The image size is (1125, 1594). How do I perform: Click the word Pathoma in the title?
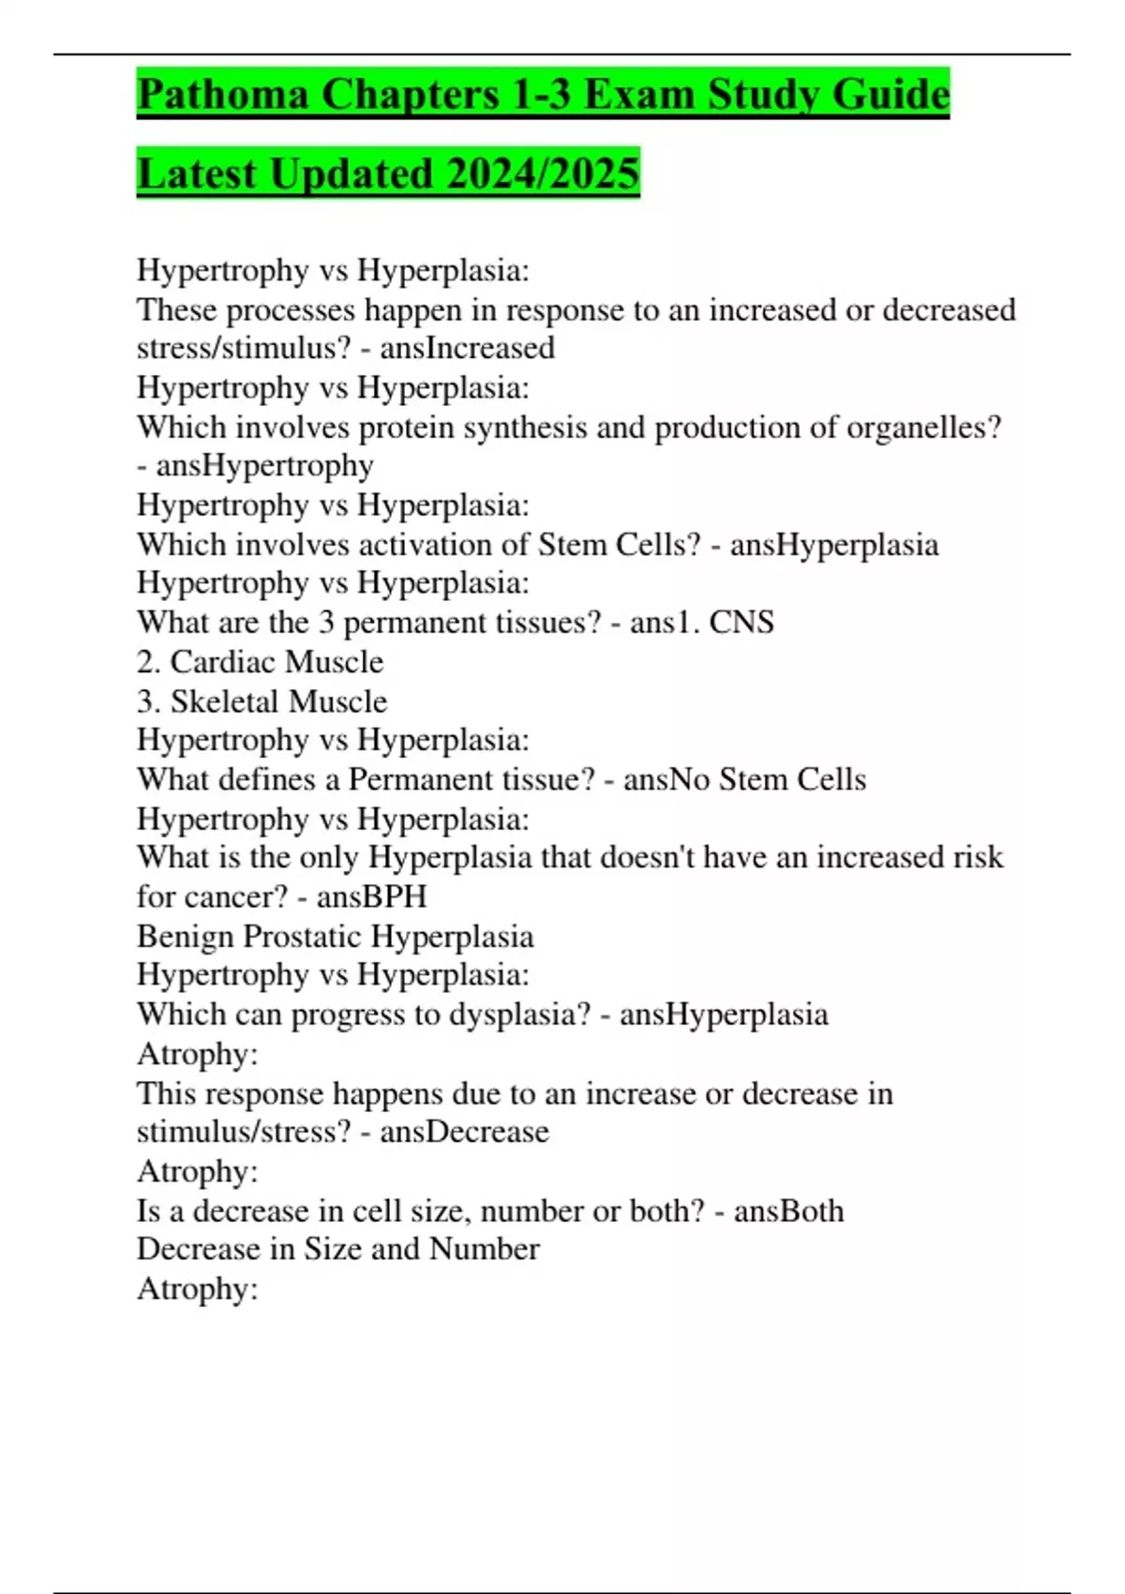point(222,95)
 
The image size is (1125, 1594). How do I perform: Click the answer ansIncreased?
point(467,348)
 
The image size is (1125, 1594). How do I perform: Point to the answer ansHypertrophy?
point(264,465)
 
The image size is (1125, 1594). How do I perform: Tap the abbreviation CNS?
point(742,623)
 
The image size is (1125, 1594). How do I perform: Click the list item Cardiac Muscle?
point(277,662)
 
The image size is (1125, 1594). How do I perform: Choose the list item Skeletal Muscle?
point(278,701)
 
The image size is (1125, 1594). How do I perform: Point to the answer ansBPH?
point(371,896)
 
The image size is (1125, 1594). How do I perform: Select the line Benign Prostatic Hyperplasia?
point(335,936)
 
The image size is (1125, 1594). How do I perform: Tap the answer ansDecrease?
point(464,1132)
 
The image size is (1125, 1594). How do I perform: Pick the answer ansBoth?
point(788,1211)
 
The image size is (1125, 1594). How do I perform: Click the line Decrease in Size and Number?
point(337,1249)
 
